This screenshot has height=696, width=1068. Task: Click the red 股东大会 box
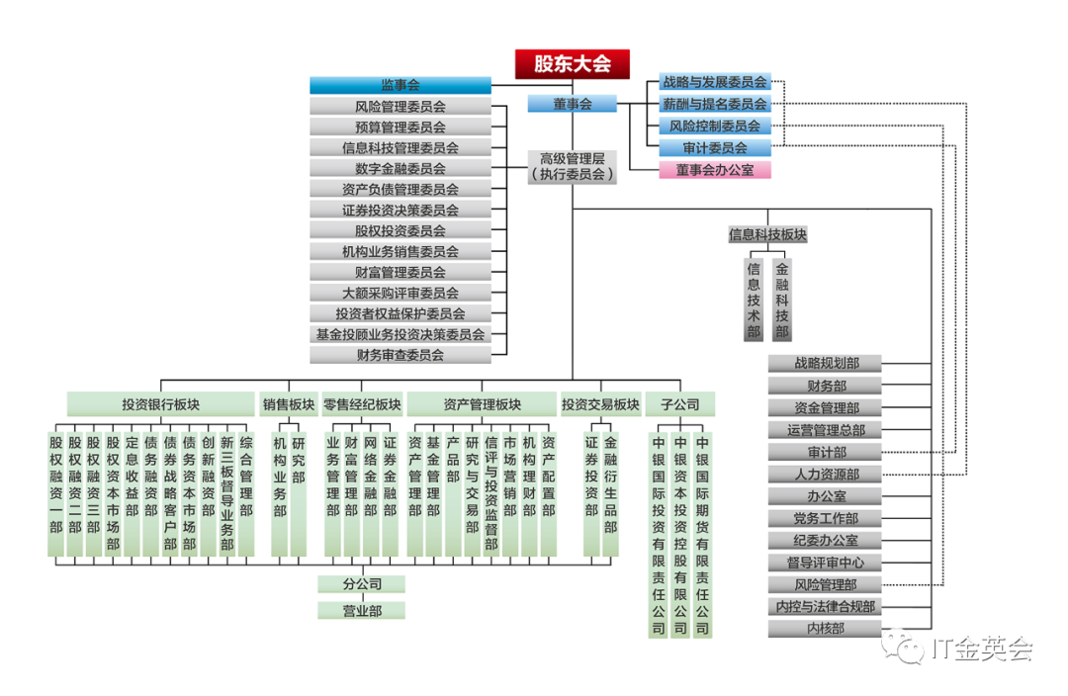click(573, 64)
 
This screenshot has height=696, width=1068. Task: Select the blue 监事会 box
click(400, 85)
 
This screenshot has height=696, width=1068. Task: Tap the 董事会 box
click(572, 104)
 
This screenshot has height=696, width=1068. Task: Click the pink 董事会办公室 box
click(715, 169)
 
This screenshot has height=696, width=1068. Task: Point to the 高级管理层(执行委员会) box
click(572, 166)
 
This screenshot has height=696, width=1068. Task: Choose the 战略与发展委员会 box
click(715, 82)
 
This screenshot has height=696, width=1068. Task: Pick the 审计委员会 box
click(715, 147)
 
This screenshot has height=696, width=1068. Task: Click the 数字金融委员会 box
click(400, 168)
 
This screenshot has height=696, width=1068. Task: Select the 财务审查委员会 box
click(400, 354)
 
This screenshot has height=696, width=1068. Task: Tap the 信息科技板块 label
click(767, 235)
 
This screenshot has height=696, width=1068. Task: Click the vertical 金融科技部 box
click(782, 300)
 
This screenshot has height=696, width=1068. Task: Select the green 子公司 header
click(679, 404)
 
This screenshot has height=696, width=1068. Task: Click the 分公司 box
click(362, 584)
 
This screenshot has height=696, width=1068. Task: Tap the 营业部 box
click(362, 611)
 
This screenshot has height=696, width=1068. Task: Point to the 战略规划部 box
click(826, 364)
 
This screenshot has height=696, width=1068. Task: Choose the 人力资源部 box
click(826, 474)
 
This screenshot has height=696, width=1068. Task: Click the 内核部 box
click(826, 628)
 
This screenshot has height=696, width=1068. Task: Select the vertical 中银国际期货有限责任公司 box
click(703, 534)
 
